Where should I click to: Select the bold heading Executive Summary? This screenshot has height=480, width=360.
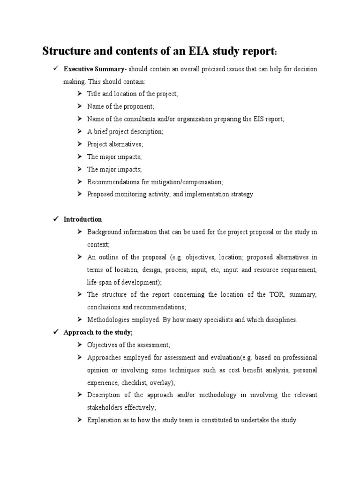pos(94,69)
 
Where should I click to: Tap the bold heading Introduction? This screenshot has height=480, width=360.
pos(82,219)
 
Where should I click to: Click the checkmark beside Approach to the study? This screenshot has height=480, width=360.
pos(55,332)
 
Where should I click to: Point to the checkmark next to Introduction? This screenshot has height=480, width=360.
pos(55,219)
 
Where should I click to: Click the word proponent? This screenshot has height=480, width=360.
pos(139,106)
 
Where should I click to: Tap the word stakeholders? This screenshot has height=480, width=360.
pos(105,407)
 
